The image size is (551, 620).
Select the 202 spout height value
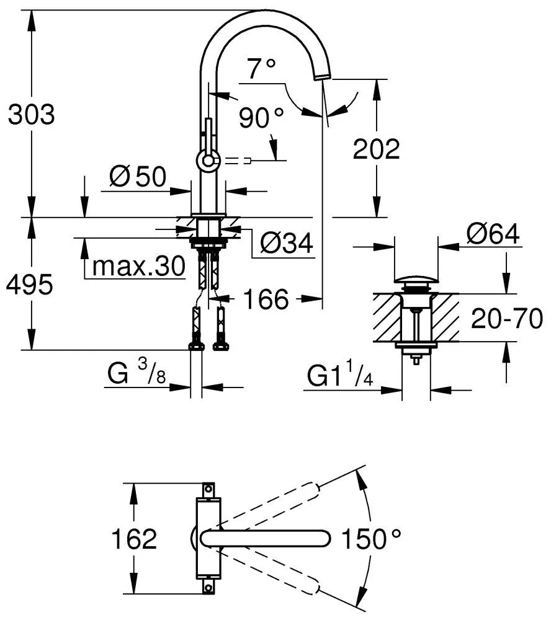pyautogui.click(x=376, y=149)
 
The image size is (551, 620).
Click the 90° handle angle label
pyautogui.click(x=261, y=117)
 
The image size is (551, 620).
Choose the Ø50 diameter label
pyautogui.click(x=138, y=177)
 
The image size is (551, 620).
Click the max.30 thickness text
pyautogui.click(x=138, y=267)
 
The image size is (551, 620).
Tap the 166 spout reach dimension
pyautogui.click(x=265, y=300)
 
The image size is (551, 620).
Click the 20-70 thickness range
pyautogui.click(x=507, y=319)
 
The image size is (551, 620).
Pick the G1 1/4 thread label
pyautogui.click(x=338, y=376)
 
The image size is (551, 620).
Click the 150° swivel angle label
pyautogui.click(x=371, y=539)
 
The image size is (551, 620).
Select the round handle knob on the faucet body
pyautogui.click(x=207, y=161)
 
